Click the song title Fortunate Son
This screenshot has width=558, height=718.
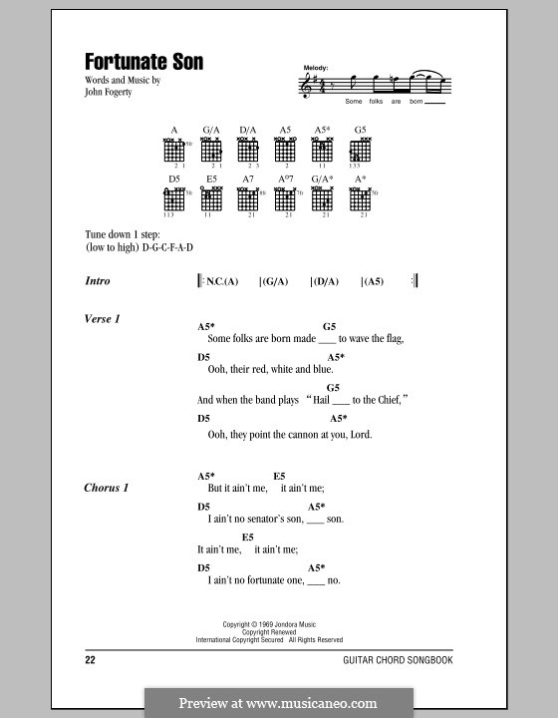point(144,62)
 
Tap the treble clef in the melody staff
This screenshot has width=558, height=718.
point(305,88)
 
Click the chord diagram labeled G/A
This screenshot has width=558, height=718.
point(211,150)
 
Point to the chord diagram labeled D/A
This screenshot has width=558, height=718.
point(248,150)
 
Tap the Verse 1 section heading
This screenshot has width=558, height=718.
point(103,318)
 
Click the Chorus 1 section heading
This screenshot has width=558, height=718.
point(108,488)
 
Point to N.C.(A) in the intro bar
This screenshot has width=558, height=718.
point(222,282)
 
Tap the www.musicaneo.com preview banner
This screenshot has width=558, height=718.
point(278,702)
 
